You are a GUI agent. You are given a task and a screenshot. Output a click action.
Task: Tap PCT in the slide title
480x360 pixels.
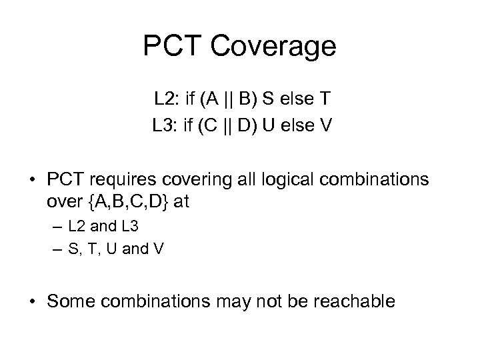coord(172,47)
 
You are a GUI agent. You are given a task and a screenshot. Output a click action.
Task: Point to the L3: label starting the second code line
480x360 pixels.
coord(167,125)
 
